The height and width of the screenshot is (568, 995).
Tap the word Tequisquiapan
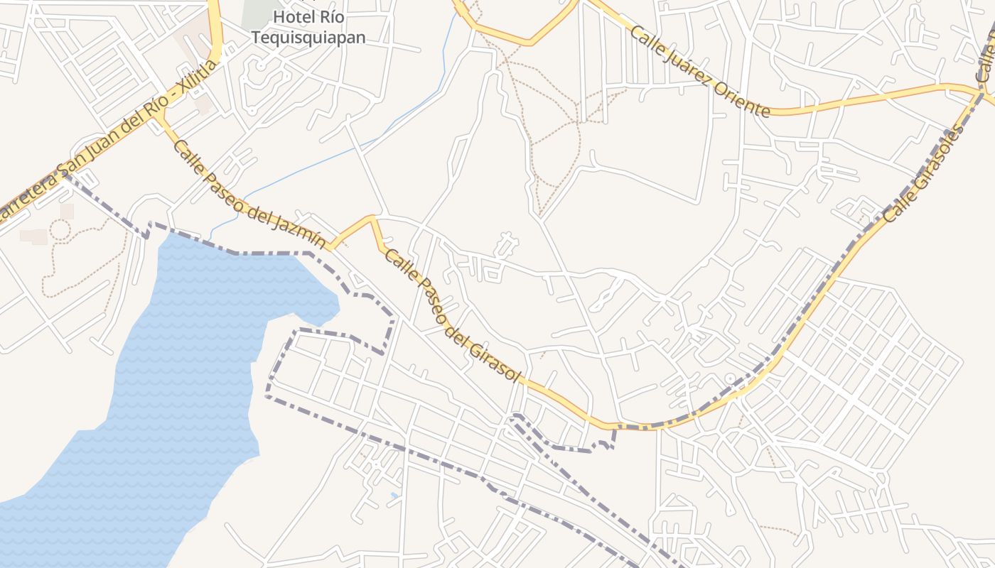[x=308, y=37]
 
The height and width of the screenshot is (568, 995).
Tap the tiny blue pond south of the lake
[x=394, y=495]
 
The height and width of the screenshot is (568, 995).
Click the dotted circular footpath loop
[x=60, y=229]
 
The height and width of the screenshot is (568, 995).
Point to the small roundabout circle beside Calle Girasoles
[x=730, y=379]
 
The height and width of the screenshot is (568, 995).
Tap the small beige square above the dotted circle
[x=67, y=211]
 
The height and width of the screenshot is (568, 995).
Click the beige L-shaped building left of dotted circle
[x=33, y=236]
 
